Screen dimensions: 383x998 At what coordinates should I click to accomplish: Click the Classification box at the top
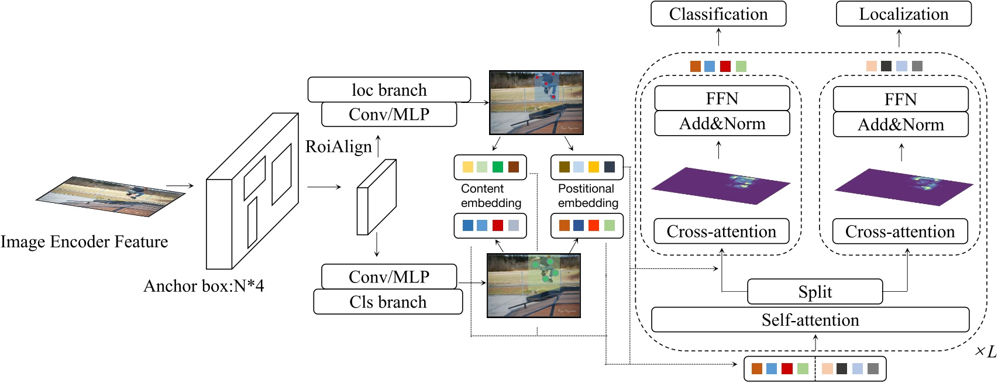pos(718,14)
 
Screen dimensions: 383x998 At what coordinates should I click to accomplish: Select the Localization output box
pos(903,14)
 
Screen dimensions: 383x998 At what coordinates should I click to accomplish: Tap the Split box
pos(815,292)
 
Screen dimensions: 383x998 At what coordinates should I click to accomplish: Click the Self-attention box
pos(810,320)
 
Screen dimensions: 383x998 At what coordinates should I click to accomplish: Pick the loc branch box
pos(389,89)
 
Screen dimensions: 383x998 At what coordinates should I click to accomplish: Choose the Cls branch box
pos(388,302)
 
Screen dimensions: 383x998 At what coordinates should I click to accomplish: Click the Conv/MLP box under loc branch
pos(389,114)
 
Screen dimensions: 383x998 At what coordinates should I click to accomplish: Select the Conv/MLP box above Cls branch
pos(389,277)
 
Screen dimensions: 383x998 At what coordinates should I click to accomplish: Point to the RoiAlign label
pos(339,147)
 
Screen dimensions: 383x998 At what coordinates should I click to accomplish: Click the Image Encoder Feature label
pos(84,241)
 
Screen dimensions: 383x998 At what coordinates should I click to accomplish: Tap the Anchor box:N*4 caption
pos(204,286)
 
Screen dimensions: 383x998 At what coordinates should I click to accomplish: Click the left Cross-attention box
pos(721,232)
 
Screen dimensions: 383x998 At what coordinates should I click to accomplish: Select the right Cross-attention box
pos(900,232)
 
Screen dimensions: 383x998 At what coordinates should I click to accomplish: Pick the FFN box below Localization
pos(900,99)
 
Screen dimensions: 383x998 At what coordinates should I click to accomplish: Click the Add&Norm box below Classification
pos(722,124)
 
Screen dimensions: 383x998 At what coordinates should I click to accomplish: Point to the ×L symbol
pos(985,351)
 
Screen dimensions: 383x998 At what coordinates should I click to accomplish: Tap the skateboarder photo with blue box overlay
pos(536,103)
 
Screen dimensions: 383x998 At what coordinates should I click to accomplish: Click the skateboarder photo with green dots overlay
pos(534,285)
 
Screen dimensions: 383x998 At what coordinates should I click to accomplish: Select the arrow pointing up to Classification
pos(718,37)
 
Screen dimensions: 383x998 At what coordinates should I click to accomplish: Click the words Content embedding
pos(490,196)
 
